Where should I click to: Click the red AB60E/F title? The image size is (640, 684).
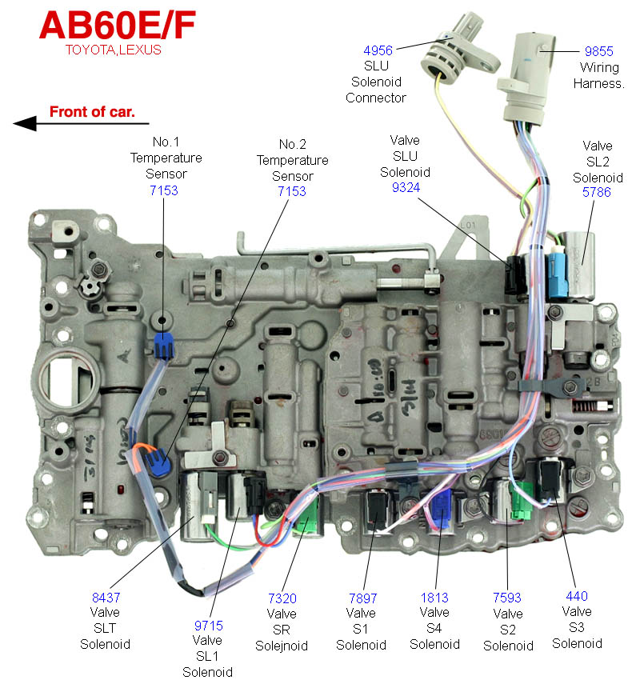coord(118,26)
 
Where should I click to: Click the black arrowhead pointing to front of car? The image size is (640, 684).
coord(25,123)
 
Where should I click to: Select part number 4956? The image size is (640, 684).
coord(378,50)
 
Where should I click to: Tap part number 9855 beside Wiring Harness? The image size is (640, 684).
coord(598,51)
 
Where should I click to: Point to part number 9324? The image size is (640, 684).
coord(406,187)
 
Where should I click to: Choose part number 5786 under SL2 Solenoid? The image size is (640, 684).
coord(596,192)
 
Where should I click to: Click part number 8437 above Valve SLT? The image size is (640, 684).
coord(106,597)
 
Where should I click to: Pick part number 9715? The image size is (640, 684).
coord(209,626)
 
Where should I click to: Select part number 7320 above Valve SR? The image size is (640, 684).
coord(282,598)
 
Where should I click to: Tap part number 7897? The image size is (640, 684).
coord(362,598)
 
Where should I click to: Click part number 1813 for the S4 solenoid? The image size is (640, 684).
coord(434,598)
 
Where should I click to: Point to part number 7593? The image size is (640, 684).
coord(507,597)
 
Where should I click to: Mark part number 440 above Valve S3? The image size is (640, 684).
coord(576,596)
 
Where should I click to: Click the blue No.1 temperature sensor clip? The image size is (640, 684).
coord(164,346)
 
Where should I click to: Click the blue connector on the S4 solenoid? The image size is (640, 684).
coord(441,509)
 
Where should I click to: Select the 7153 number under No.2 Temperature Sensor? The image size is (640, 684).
coord(292,191)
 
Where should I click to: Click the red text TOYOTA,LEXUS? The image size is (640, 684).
coord(114,50)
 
